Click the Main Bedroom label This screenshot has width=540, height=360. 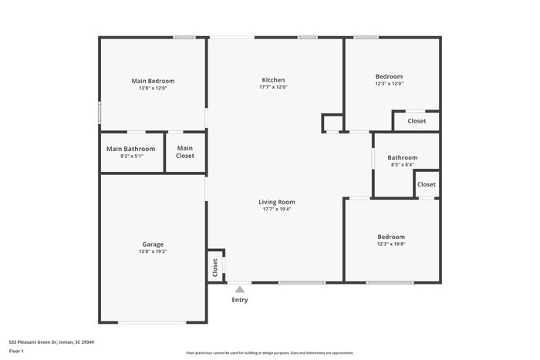click(x=153, y=81)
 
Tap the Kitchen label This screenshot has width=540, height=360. click(x=274, y=80)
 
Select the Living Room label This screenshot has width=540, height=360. click(x=276, y=202)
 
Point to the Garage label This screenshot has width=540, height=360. click(x=153, y=244)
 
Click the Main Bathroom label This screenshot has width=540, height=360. click(x=131, y=149)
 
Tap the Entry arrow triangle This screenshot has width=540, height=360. click(x=240, y=289)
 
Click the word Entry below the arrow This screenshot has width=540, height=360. click(x=240, y=300)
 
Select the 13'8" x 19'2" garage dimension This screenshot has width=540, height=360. click(x=153, y=251)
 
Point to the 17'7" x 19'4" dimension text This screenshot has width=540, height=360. click(x=276, y=209)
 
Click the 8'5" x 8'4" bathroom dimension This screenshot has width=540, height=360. click(x=403, y=164)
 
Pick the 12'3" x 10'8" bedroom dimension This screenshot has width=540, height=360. click(x=391, y=244)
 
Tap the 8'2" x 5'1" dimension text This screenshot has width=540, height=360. click(x=131, y=156)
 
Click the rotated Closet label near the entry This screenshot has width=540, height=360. click(x=215, y=267)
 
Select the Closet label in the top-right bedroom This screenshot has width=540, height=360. click(x=417, y=121)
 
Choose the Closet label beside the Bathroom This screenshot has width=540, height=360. click(x=427, y=184)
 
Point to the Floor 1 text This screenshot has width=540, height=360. click(x=16, y=351)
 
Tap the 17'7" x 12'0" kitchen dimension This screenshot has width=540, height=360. click(x=274, y=87)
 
